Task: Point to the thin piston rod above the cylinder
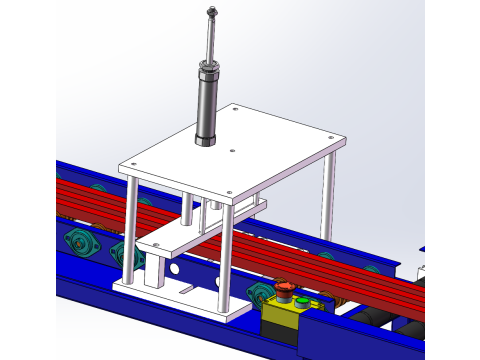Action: point(210,40)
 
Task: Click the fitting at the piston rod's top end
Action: point(210,12)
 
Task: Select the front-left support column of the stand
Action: point(128,229)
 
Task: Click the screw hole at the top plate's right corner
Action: point(332,141)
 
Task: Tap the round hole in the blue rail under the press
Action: point(176,269)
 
